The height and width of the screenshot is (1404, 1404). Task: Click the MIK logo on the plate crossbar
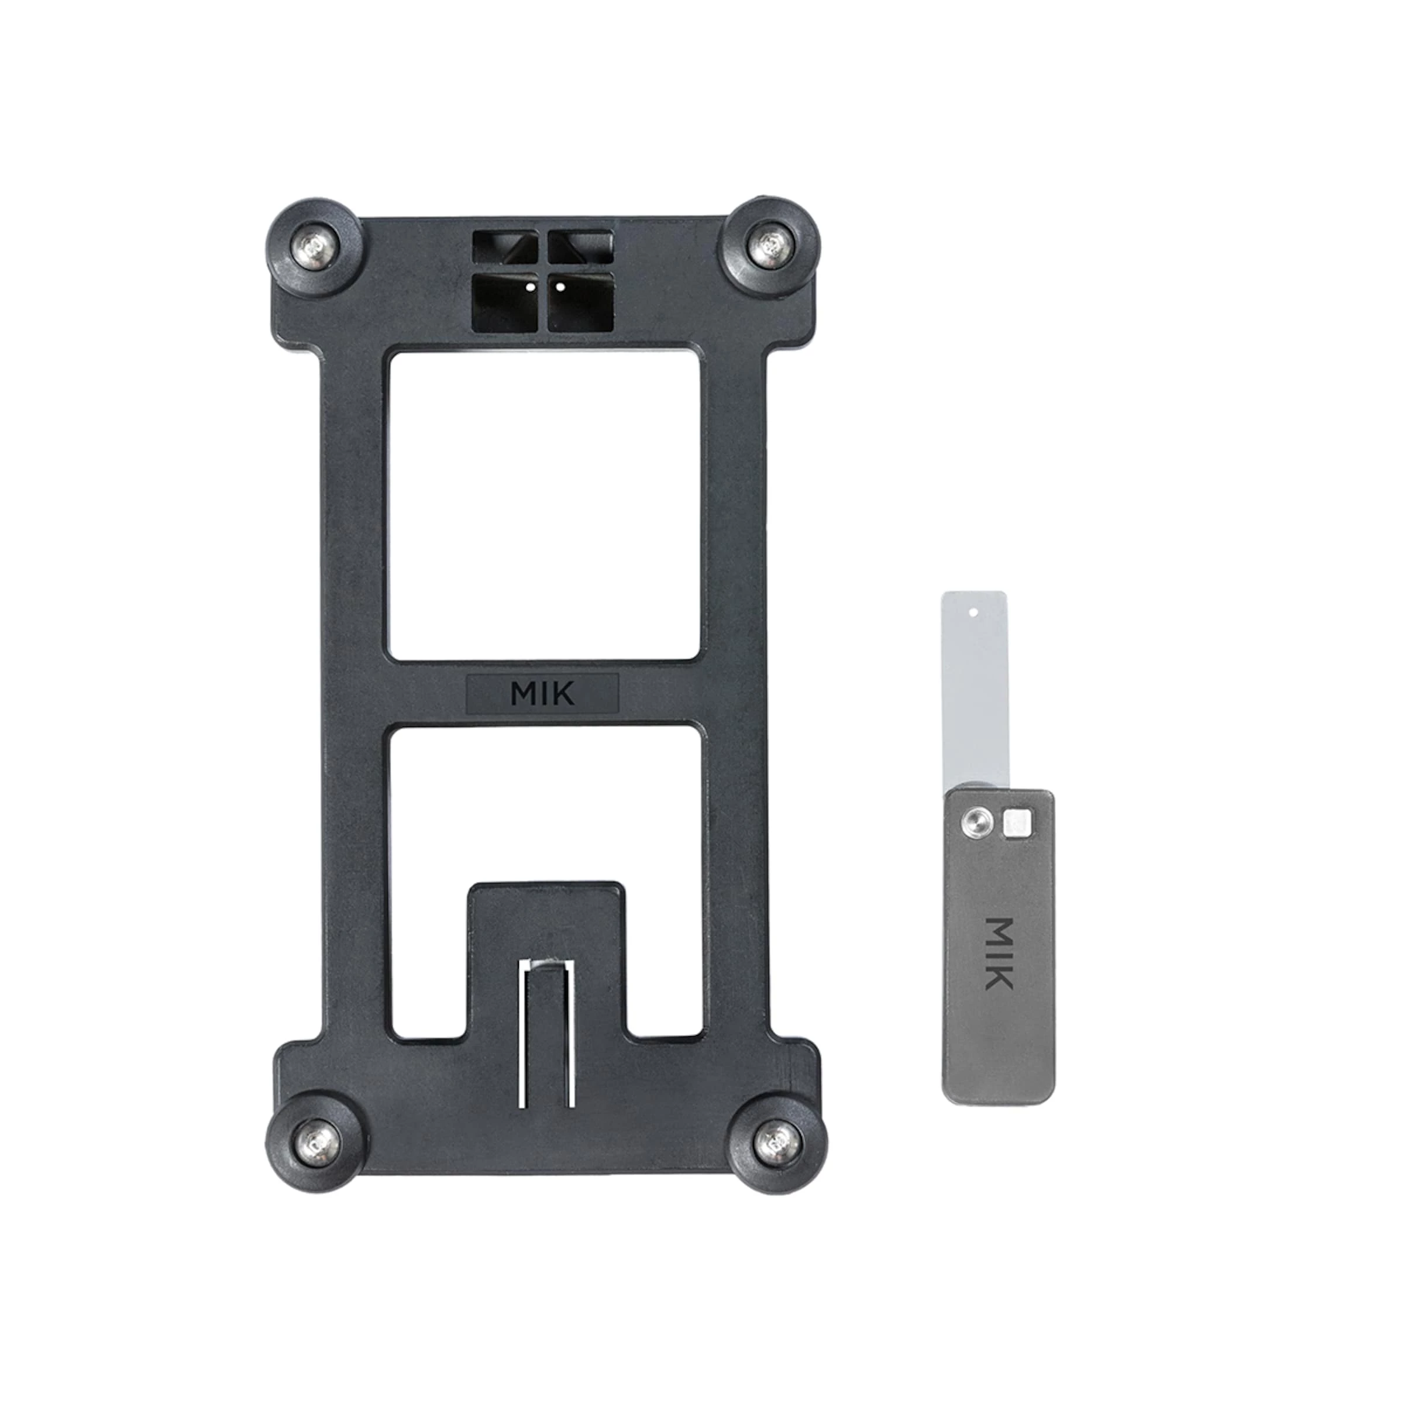point(542,693)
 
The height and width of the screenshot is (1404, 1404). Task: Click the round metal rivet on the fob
point(974,823)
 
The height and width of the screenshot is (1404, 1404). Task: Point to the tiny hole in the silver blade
point(973,612)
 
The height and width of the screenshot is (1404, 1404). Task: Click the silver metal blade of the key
point(974,690)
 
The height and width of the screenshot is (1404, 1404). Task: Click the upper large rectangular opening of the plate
point(545,507)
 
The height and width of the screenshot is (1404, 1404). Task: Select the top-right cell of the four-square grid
point(579,246)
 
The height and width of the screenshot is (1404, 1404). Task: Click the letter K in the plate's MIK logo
point(563,694)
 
